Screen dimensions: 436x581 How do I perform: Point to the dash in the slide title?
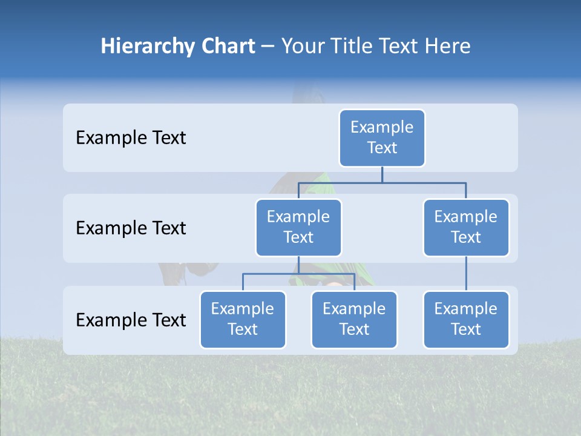(x=268, y=47)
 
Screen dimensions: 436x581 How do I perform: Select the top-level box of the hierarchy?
(x=382, y=138)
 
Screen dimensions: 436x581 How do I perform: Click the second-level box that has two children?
(x=298, y=228)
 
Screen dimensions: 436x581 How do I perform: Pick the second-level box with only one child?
(x=466, y=228)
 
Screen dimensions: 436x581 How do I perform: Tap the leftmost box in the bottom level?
(x=243, y=320)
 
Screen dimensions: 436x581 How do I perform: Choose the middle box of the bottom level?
(x=354, y=320)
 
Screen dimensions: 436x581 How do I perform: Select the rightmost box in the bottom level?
(x=466, y=320)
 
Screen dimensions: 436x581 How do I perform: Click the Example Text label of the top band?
(x=131, y=138)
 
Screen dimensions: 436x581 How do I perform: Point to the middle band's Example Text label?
(x=131, y=228)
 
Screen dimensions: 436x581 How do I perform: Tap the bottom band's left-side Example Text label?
(x=131, y=320)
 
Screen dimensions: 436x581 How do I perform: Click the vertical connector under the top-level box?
(x=382, y=174)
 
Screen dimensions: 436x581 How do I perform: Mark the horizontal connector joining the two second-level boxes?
(x=382, y=182)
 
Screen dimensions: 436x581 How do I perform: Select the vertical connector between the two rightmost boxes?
(x=466, y=274)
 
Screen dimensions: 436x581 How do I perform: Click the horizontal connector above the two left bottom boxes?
(x=298, y=274)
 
